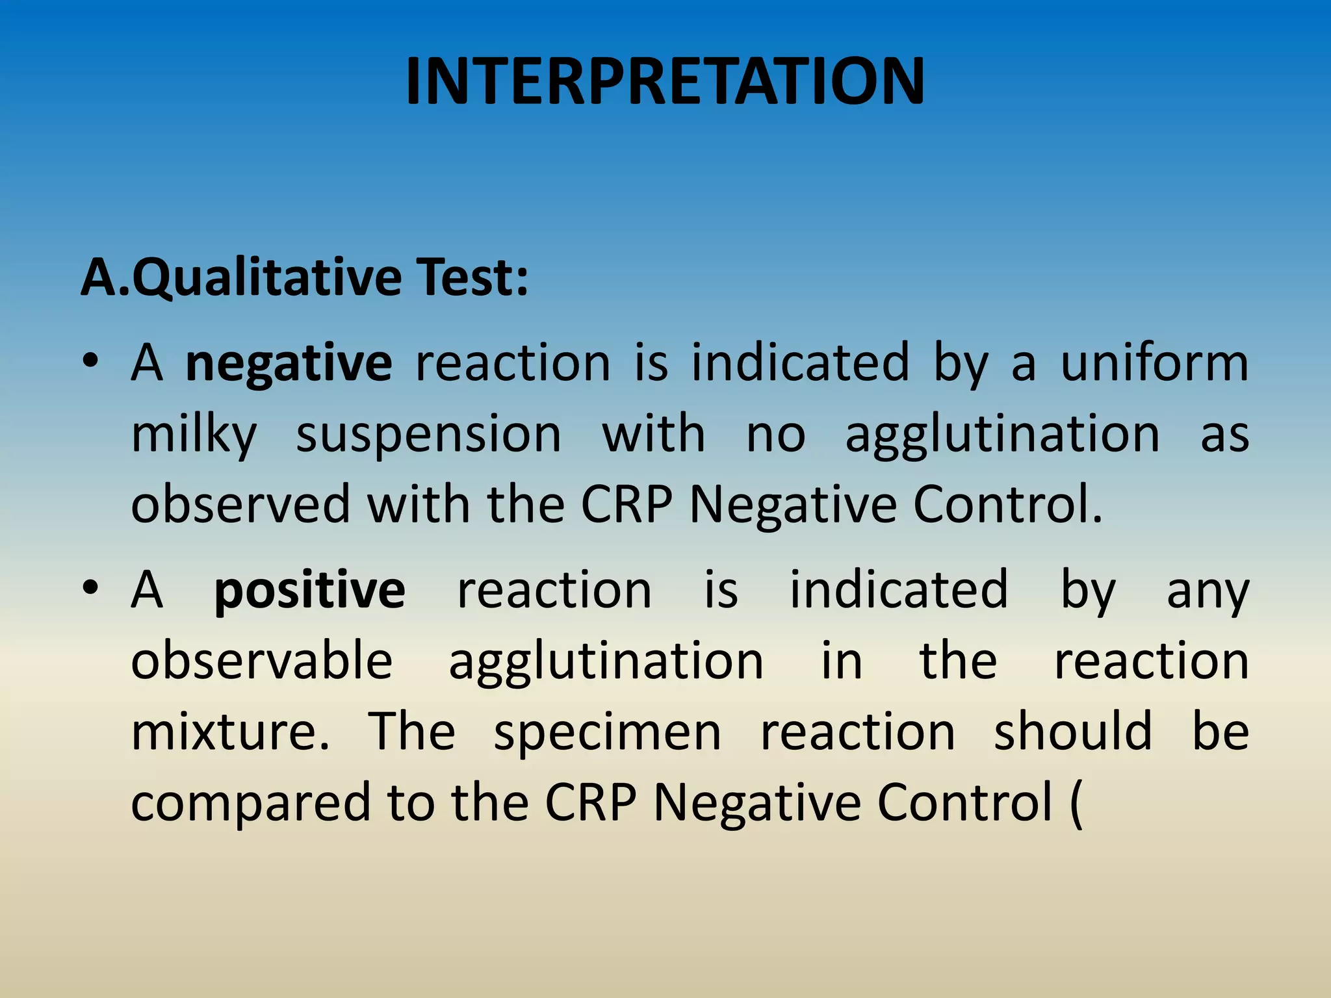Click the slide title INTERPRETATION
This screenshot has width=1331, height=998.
665,82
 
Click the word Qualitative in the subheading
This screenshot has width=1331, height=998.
267,277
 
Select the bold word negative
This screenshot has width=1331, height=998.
289,364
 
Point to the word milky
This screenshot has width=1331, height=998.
194,435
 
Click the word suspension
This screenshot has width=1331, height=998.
428,435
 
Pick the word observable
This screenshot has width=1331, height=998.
262,661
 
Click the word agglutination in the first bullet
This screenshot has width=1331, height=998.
1001,435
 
